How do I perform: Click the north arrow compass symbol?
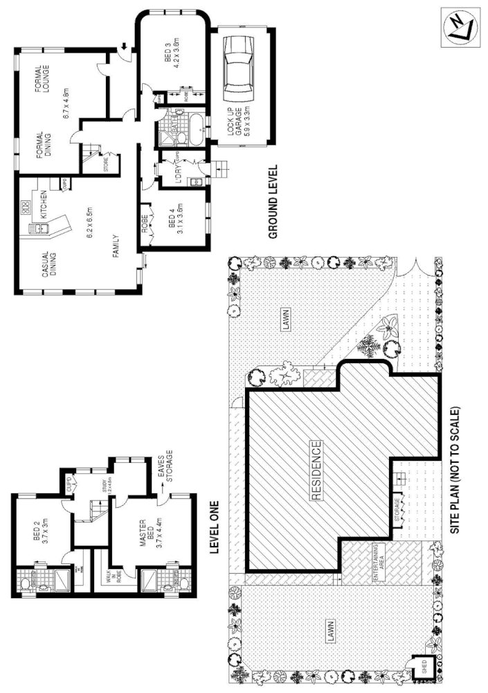(x=459, y=27)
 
